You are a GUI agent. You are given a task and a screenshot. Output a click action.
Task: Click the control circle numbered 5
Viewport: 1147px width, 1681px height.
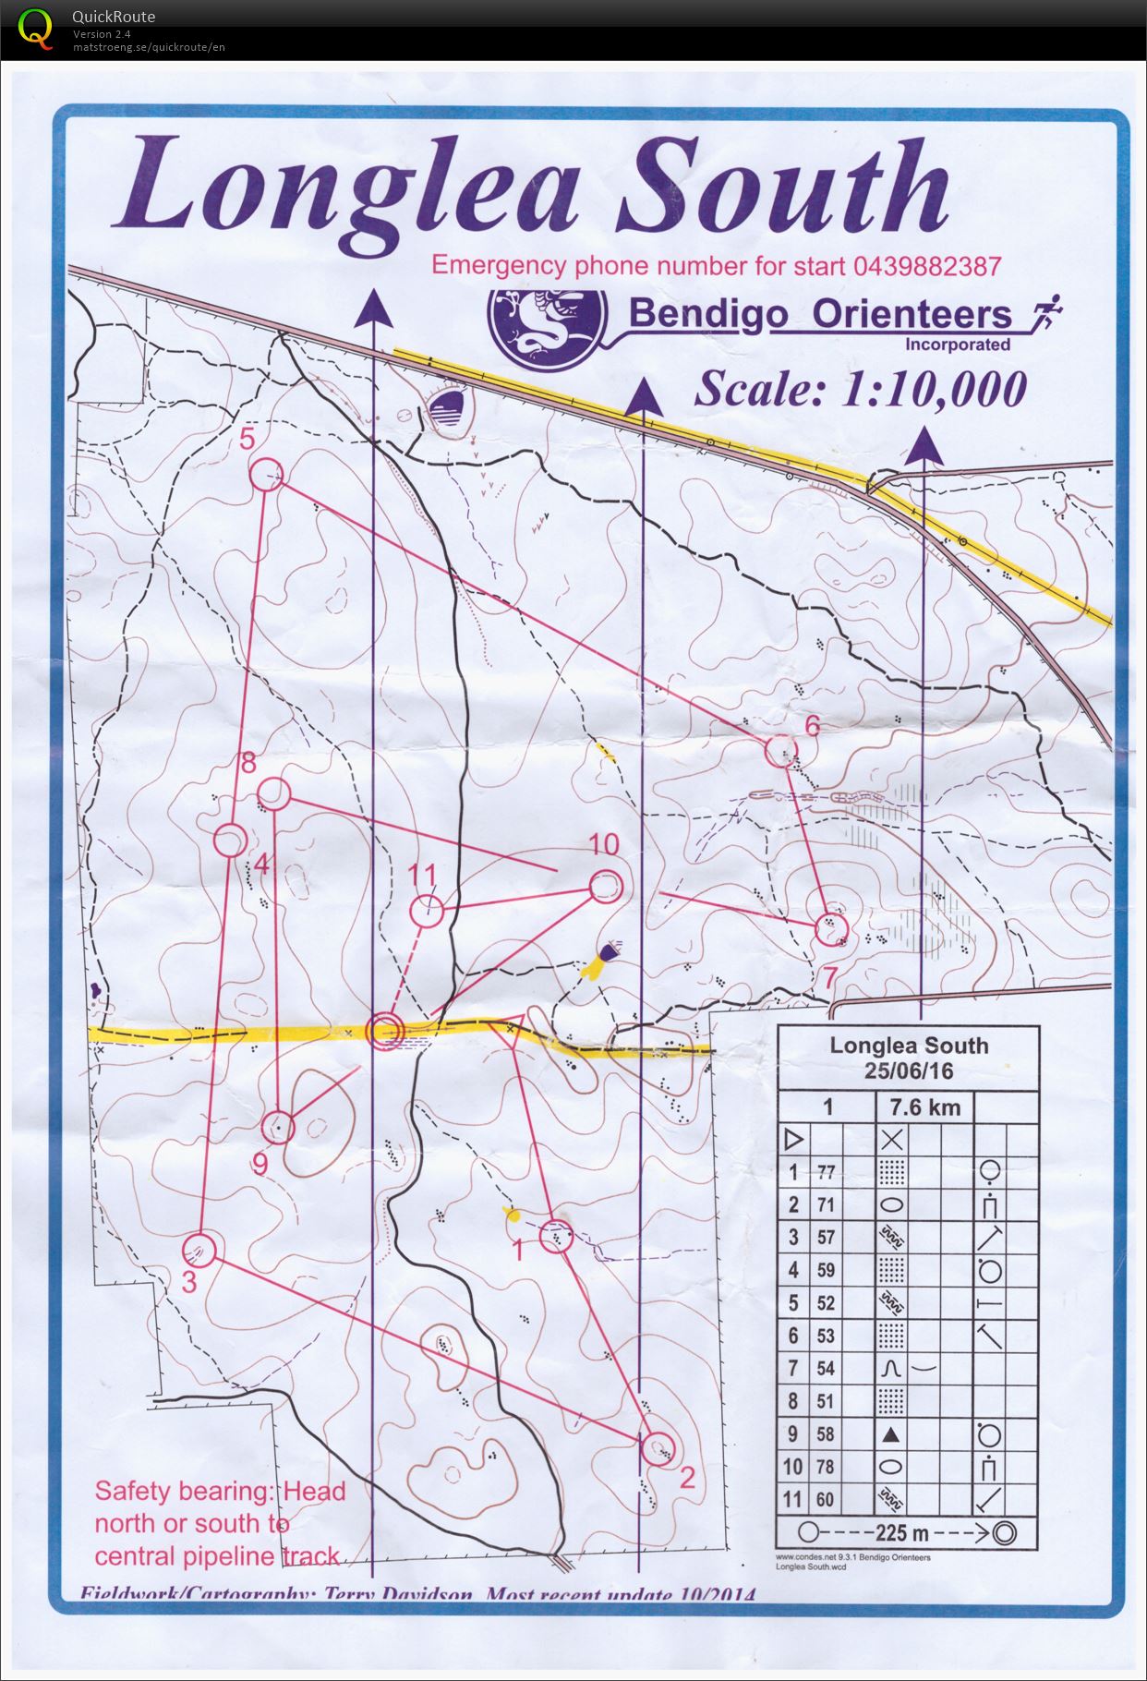tap(266, 475)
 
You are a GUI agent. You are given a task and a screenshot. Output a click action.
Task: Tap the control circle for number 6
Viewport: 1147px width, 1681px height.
tap(781, 749)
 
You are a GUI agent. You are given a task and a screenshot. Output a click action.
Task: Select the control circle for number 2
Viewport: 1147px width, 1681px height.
tap(657, 1447)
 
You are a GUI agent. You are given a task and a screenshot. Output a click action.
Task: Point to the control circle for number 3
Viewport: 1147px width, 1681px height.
tap(199, 1251)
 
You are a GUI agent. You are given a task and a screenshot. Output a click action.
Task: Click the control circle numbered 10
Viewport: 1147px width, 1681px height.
tap(605, 888)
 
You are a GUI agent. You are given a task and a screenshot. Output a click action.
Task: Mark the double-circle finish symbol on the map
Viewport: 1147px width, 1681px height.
tap(384, 1030)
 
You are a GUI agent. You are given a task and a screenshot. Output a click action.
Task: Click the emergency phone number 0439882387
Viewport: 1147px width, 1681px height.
tap(927, 266)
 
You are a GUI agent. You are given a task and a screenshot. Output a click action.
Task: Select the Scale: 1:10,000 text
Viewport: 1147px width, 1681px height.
tap(860, 389)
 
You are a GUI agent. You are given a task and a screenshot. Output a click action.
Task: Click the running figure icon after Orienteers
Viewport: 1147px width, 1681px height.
tap(1047, 314)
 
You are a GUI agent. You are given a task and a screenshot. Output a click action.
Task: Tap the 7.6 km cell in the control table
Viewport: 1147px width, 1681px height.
tap(924, 1107)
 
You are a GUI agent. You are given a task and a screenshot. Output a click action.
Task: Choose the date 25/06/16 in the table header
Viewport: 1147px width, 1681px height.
tap(909, 1071)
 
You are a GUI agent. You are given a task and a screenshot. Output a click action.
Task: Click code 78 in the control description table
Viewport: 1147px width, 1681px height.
tap(826, 1467)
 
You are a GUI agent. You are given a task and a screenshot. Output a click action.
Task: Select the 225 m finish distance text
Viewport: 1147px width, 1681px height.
tap(902, 1533)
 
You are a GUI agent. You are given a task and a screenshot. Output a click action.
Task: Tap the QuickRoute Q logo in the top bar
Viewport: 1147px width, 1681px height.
tap(35, 28)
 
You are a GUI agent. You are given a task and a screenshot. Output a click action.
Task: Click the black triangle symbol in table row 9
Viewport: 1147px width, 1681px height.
tap(891, 1434)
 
